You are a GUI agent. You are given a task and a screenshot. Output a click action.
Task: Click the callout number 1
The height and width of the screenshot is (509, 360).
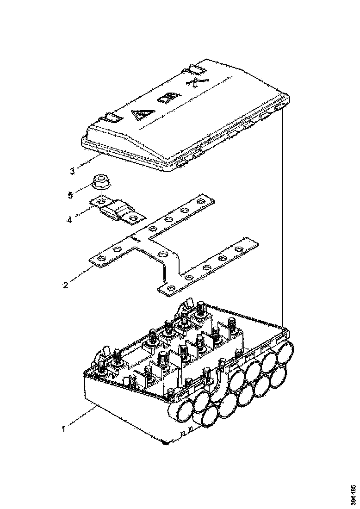point(64,428)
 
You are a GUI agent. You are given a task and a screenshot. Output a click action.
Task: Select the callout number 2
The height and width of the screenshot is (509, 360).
point(66,285)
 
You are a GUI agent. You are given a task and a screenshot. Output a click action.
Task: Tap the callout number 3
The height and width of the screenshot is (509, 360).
point(73,171)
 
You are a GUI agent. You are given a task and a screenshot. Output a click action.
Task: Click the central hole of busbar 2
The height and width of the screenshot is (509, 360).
point(162,253)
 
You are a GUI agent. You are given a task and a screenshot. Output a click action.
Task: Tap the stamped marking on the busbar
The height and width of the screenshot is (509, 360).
point(135,240)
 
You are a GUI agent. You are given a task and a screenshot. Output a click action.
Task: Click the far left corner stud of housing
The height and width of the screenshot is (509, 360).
point(101,368)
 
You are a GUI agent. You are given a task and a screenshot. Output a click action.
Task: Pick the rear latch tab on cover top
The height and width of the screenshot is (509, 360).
point(197,69)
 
